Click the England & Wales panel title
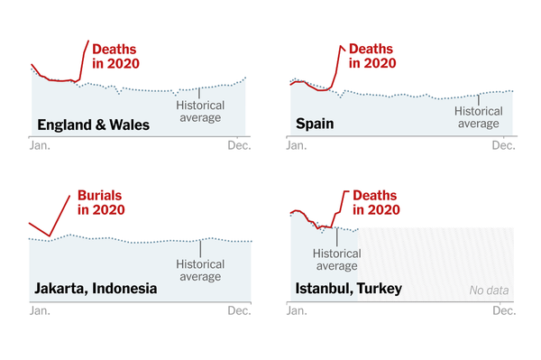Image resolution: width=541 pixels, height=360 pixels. coord(92,125)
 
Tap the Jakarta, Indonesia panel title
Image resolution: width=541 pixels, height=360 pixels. coord(96,289)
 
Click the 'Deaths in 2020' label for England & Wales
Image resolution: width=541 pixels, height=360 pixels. coord(119,56)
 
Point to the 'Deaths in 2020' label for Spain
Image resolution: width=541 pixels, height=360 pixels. coord(372,56)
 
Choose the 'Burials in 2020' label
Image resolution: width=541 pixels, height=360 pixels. coord(101,202)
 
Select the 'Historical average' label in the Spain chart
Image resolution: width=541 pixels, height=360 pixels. coord(479,117)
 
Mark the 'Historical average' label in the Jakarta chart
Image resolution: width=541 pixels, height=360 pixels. coord(200,271)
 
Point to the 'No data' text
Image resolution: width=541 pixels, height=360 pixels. coord(490,291)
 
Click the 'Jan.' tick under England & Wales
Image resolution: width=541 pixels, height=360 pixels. coord(41,146)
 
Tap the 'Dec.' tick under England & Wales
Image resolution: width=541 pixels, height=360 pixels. coord(238,146)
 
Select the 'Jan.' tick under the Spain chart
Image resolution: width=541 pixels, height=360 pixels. coord(298,146)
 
